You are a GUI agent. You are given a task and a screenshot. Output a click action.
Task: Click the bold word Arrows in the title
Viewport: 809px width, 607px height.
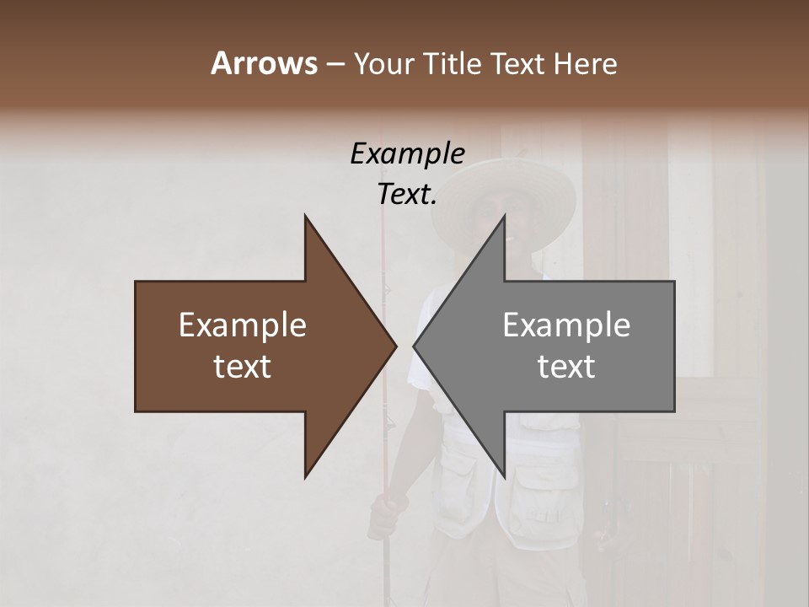pos(264,63)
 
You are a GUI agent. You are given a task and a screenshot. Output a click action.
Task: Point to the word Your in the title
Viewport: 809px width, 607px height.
pos(382,64)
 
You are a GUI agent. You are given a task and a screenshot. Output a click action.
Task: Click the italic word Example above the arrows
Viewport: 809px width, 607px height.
pos(407,153)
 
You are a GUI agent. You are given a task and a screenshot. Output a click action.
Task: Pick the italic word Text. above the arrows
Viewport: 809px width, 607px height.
pos(407,194)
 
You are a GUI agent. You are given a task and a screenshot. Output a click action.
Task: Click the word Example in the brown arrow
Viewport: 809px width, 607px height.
pos(243,325)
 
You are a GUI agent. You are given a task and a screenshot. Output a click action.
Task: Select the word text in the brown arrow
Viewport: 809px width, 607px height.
pos(243,367)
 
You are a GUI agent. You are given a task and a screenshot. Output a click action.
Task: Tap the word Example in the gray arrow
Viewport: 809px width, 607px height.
pos(566,325)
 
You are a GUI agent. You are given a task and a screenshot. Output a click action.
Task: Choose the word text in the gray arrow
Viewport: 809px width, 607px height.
pos(566,367)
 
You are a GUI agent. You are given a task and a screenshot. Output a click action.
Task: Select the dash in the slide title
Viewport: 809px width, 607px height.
pos(334,65)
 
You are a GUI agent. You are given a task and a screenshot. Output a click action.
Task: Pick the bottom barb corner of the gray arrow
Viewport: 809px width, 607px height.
pos(504,476)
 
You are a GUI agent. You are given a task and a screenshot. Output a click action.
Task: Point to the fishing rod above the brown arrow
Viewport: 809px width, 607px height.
pos(383,244)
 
